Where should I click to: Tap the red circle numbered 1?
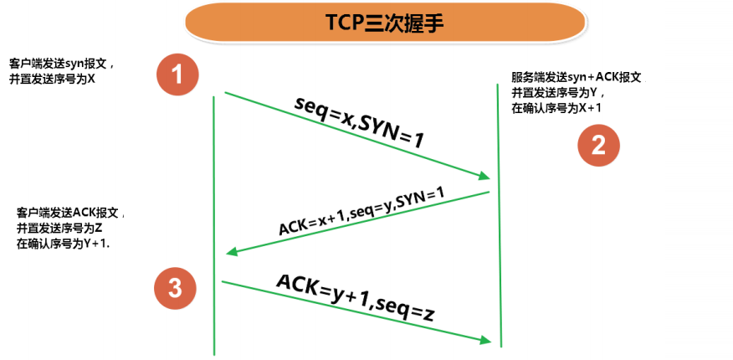pyautogui.click(x=177, y=74)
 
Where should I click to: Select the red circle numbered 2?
pyautogui.click(x=598, y=146)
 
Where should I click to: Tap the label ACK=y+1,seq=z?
pyautogui.click(x=355, y=298)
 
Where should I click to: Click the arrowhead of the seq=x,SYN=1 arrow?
pyautogui.click(x=484, y=176)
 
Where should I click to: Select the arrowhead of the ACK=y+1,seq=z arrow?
pyautogui.click(x=484, y=339)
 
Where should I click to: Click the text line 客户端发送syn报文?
pyautogui.click(x=67, y=64)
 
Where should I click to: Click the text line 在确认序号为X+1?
pyautogui.click(x=556, y=108)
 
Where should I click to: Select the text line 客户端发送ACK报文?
pyautogui.click(x=70, y=212)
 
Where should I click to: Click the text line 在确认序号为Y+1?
pyautogui.click(x=64, y=244)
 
